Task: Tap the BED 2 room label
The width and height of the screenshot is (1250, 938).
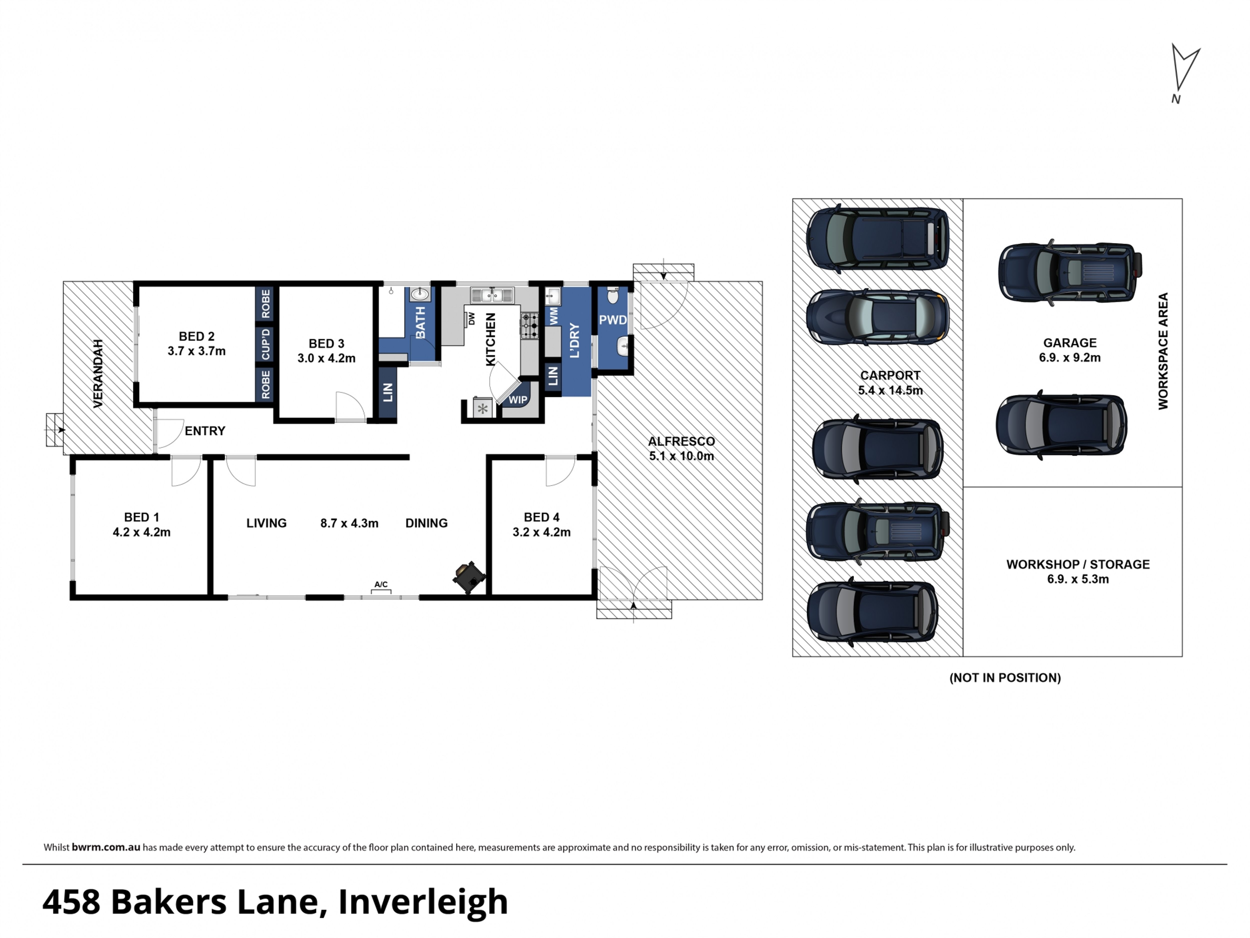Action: coord(197,337)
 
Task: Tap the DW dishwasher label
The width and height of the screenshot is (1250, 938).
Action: coord(471,319)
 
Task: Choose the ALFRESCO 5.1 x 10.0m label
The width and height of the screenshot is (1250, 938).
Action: coord(681,448)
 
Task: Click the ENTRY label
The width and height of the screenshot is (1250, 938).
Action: coord(205,431)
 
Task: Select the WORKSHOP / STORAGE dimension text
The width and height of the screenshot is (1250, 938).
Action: coord(1078,579)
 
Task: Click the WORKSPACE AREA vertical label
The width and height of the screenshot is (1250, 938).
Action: coord(1163,351)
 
